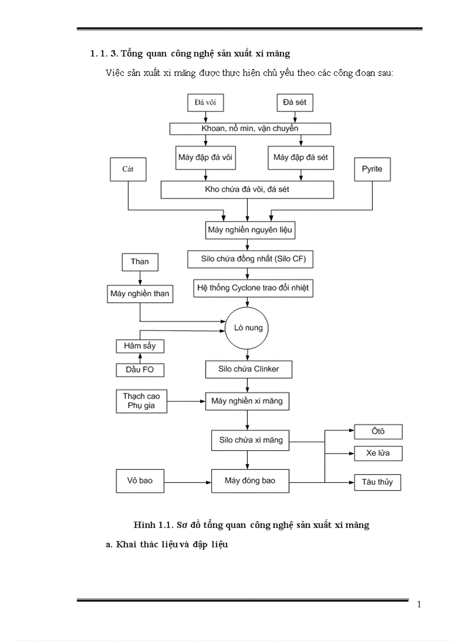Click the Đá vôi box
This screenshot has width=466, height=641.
pos(205,102)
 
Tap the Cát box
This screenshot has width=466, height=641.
pos(127,170)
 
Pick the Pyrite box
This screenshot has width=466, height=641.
pos(372,170)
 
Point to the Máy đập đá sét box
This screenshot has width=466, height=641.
pos(300,157)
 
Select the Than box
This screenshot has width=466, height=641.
pos(139,262)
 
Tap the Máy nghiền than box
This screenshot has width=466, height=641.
pos(140,294)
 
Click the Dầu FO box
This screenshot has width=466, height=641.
pos(139,370)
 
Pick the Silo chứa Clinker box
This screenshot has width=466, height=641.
pos(248,369)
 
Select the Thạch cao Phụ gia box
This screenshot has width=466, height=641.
pos(141,401)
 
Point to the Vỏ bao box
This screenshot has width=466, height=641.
pos(139,481)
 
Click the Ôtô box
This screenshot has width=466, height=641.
pos(377,432)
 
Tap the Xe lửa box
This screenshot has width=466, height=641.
pos(377,454)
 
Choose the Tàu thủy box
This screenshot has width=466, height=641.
pos(377,482)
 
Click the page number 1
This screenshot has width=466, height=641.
pos(419,606)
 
